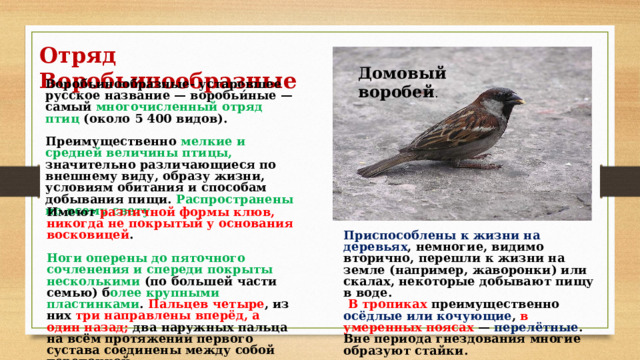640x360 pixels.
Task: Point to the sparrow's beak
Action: tap(519, 100)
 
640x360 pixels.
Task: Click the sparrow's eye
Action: tap(502, 96)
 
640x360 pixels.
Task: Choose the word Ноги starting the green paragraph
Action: tap(62, 257)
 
